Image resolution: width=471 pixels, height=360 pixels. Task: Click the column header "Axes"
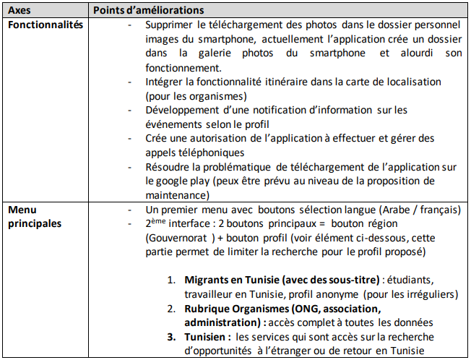pos(20,11)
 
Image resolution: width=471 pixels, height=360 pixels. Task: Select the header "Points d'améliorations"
pos(148,11)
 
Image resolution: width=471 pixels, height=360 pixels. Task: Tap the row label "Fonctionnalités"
pos(45,25)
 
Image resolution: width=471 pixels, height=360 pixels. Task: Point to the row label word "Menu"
pos(22,210)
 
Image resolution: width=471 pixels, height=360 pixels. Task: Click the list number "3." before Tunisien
pos(173,336)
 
